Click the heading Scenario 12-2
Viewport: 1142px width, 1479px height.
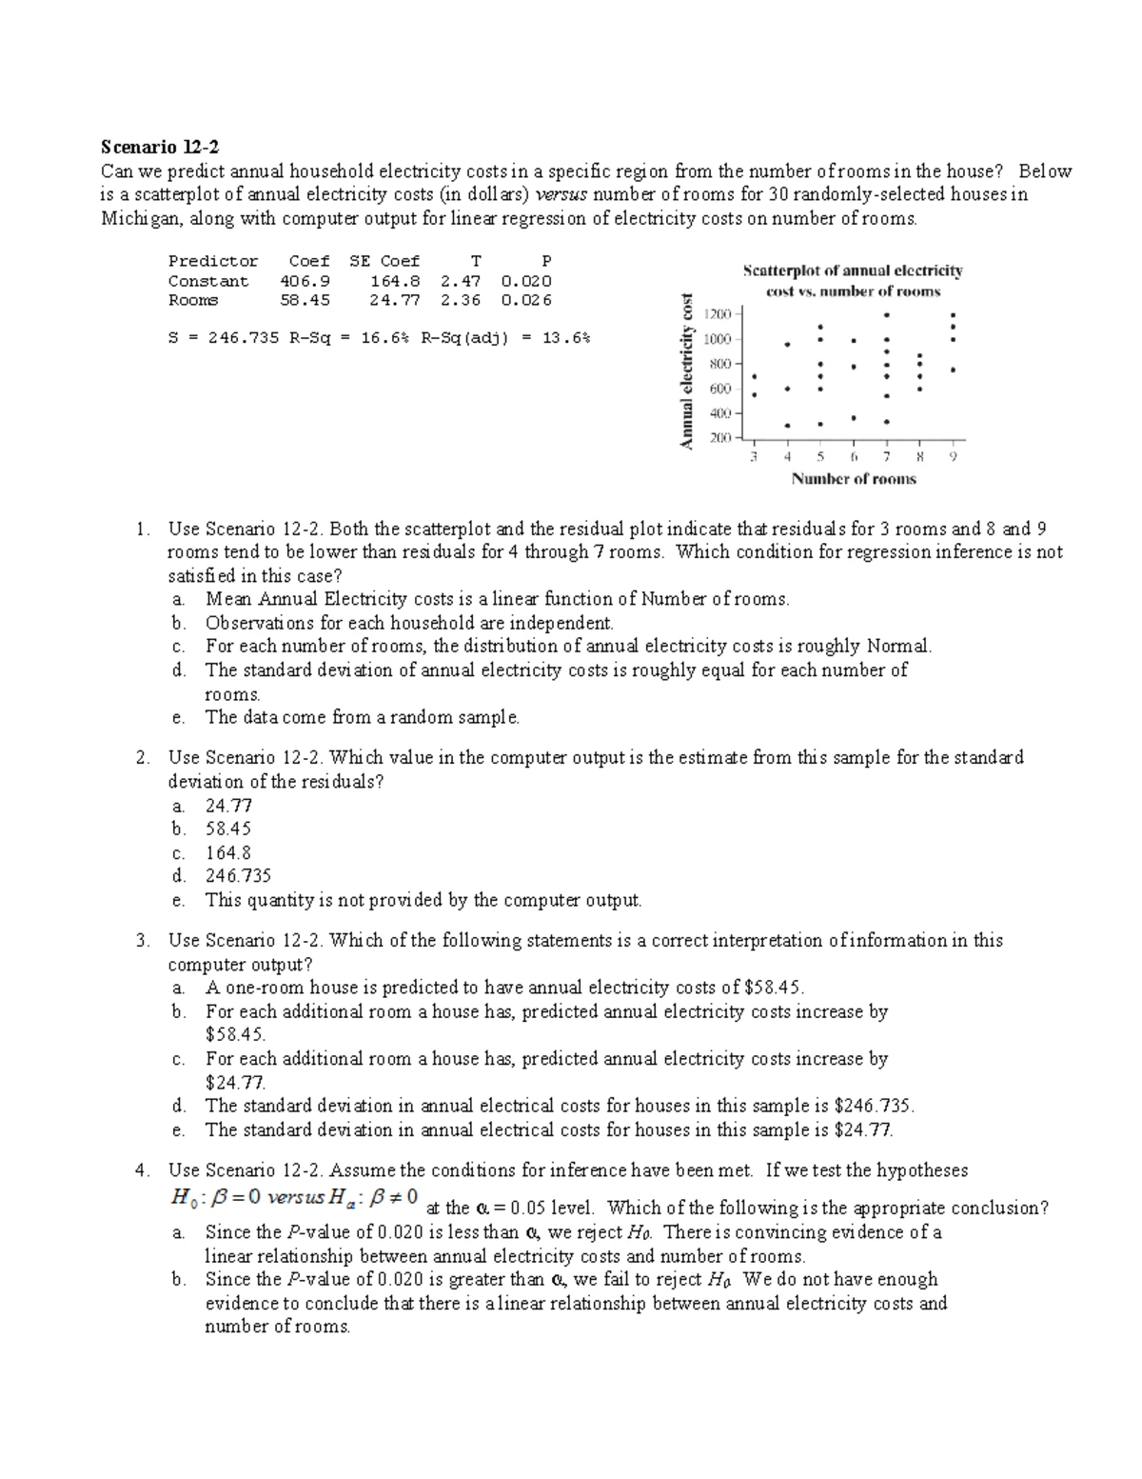(160, 148)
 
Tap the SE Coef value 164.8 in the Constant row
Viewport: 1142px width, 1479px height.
(395, 281)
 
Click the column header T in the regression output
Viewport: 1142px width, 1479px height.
(476, 261)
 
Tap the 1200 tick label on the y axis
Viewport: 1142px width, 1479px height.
(718, 314)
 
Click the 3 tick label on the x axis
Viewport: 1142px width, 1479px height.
(754, 456)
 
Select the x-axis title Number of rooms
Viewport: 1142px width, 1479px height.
(854, 479)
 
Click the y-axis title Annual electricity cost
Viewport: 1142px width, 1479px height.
(686, 371)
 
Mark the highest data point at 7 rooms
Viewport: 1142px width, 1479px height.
(887, 314)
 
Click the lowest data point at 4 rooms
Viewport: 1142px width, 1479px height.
(787, 426)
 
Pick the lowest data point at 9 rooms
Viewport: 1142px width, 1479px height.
(953, 370)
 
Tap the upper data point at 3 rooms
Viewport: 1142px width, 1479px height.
(754, 376)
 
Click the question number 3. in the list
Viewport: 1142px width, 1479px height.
(143, 941)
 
